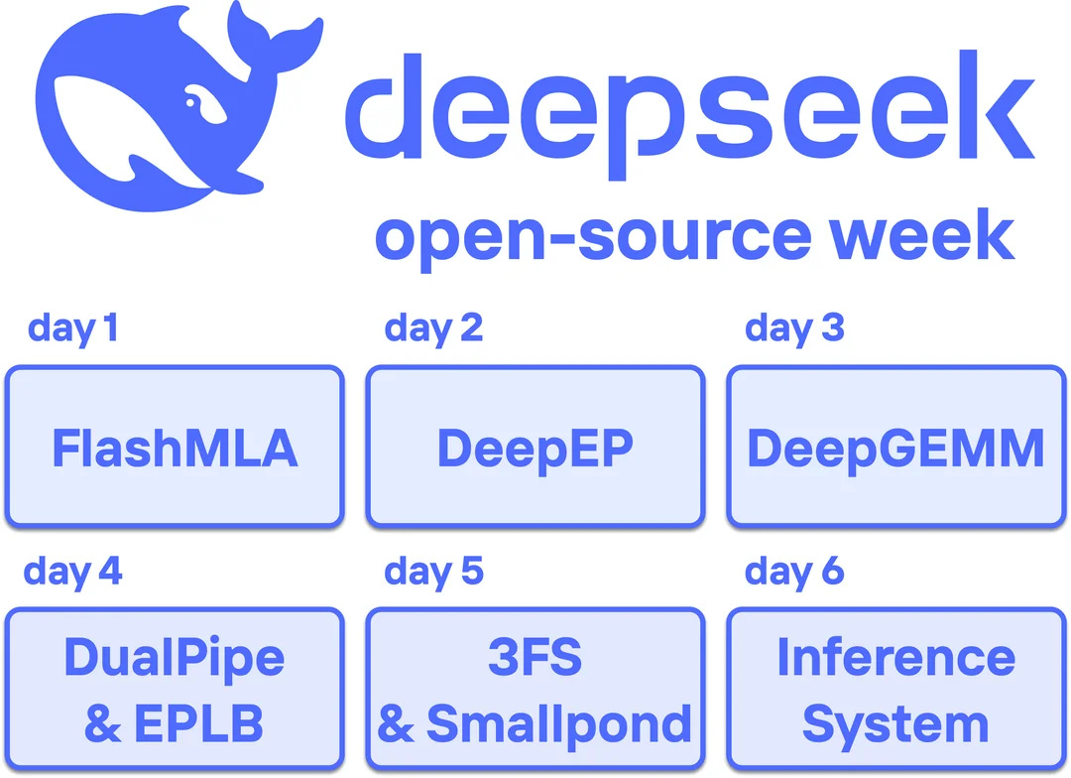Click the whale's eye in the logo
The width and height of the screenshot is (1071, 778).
199,100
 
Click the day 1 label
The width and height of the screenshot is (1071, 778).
72,327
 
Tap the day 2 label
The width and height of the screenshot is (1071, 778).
433,327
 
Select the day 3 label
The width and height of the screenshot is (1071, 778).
794,327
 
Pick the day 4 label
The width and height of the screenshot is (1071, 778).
72,572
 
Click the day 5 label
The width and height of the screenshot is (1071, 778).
433,572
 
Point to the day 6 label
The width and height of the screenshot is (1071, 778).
794,572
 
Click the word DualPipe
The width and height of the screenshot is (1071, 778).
175,658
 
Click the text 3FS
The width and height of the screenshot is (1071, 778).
535,658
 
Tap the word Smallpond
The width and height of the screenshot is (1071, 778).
558,724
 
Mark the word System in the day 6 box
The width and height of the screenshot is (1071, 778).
895,724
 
